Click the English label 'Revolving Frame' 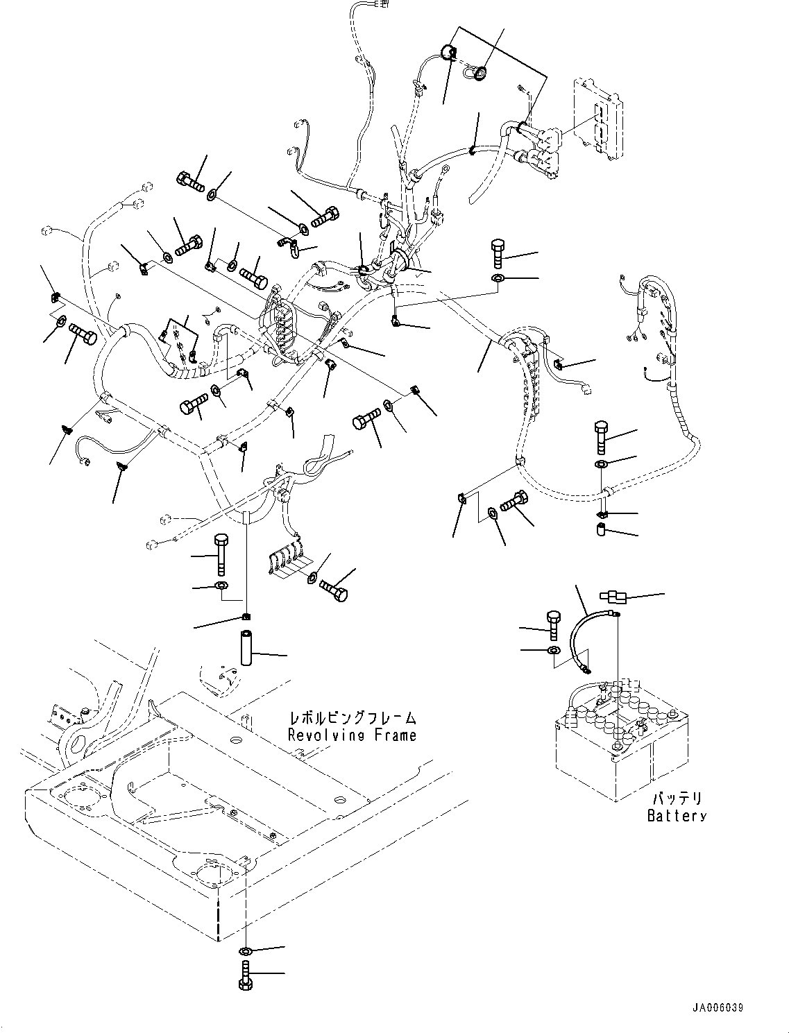(x=352, y=735)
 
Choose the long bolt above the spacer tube (x=220, y=554)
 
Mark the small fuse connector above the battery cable (x=613, y=597)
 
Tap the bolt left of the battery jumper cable (x=553, y=624)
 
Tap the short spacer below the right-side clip (x=602, y=529)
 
